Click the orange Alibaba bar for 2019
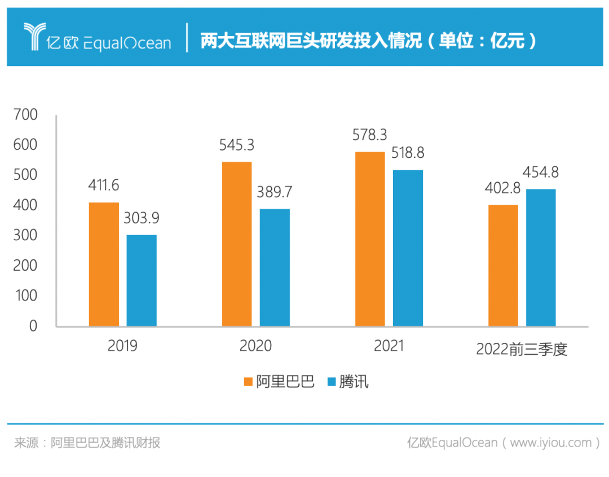coord(104,264)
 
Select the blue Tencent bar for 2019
coord(142,280)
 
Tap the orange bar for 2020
coord(237,244)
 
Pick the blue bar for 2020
coord(275,267)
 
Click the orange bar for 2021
coord(370,238)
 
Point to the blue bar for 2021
coord(408,248)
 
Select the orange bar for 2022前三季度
coord(503,265)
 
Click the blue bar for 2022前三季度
coord(541,257)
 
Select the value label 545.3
coord(237,145)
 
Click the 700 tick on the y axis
coord(26,115)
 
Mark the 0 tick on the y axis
coord(33,326)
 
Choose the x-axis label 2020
coord(255,346)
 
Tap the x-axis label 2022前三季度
coord(521,349)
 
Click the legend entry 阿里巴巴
coord(279,382)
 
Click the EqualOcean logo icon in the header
coord(33,37)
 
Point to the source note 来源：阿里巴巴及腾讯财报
coord(87,443)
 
